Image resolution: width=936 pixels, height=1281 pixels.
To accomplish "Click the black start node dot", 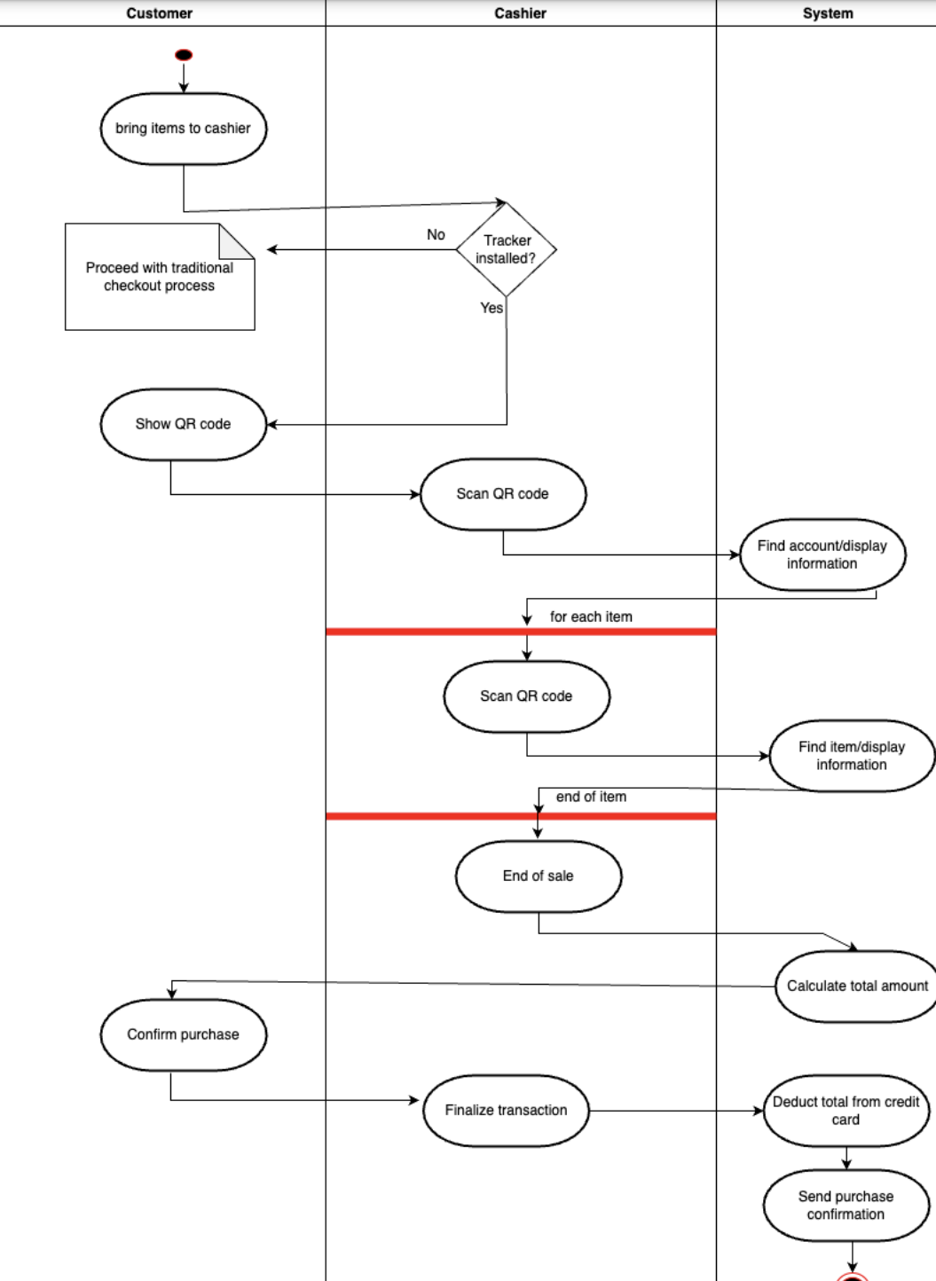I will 184,55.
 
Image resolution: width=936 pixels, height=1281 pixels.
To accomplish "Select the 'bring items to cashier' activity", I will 184,129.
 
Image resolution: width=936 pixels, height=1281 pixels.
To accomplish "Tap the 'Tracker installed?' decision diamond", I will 506,249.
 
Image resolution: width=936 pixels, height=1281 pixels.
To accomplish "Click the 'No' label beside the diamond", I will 436,235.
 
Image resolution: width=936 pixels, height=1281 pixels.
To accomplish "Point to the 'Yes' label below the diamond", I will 492,308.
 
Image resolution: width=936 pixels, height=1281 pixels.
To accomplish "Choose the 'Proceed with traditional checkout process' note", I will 160,277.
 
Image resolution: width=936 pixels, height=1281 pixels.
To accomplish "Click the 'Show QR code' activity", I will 184,424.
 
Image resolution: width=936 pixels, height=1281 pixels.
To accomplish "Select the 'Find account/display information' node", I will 822,554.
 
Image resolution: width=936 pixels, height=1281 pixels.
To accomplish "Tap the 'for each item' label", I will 591,617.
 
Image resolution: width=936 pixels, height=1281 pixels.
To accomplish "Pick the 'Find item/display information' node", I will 852,756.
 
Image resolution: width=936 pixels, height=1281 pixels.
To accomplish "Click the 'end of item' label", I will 591,797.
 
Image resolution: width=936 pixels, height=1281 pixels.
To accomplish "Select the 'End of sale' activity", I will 539,876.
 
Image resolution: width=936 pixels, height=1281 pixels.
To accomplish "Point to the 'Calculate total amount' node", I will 857,986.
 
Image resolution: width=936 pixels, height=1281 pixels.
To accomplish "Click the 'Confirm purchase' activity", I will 184,1034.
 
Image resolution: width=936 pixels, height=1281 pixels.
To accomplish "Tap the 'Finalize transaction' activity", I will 506,1111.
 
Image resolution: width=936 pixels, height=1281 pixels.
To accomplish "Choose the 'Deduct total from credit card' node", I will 846,1111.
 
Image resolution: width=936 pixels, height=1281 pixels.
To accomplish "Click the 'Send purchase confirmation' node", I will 846,1206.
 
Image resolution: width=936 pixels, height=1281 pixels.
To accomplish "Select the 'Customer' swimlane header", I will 160,13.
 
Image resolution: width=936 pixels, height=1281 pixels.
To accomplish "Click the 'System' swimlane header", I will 828,13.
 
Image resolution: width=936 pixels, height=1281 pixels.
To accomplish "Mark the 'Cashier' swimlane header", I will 521,13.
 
